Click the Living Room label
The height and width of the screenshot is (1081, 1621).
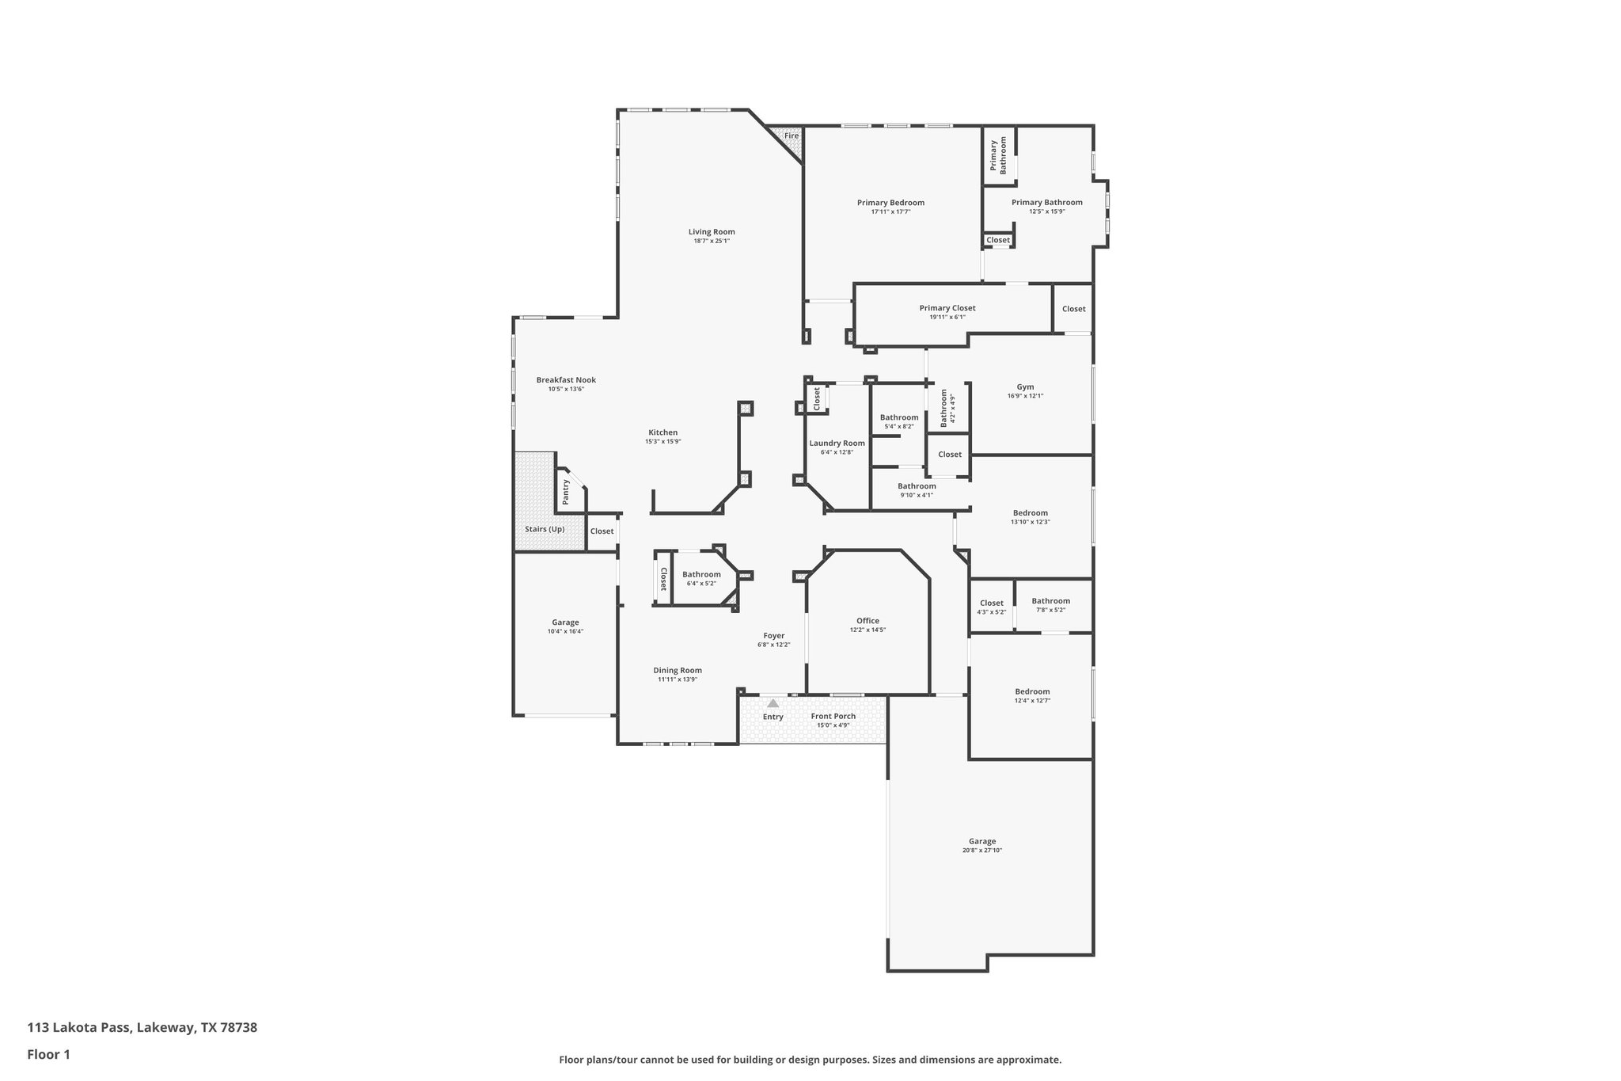coord(711,232)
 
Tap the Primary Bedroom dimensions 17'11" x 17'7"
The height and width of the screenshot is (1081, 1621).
coord(890,211)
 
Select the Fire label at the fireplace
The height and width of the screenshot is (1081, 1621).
coord(792,136)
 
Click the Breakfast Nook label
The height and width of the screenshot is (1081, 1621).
coord(565,380)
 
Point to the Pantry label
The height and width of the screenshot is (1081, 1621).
coord(565,492)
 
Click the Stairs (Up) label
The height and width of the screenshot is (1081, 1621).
coord(545,529)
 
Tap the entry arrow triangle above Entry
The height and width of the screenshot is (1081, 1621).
coord(773,703)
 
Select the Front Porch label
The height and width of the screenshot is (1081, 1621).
coord(833,716)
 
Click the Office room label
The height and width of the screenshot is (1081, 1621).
coord(867,621)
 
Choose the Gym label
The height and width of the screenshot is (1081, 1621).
coord(1025,387)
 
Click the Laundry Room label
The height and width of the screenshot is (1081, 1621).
coord(837,443)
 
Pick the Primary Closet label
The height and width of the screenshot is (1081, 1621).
coord(947,308)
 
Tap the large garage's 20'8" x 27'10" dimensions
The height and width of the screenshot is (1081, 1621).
coord(981,851)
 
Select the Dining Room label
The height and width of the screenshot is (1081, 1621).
coord(677,670)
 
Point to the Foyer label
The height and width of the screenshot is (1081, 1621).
coord(773,635)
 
